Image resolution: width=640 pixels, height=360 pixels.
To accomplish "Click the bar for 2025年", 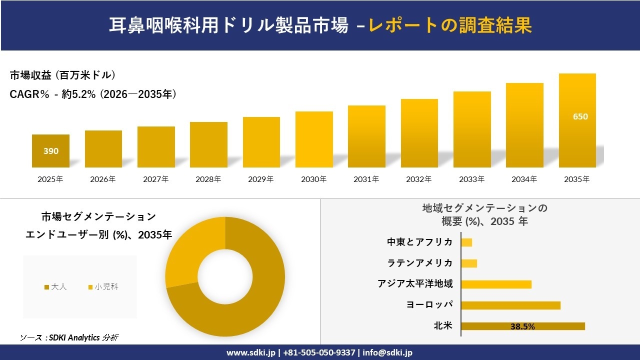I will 50,151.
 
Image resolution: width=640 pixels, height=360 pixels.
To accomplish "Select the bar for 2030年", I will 314,139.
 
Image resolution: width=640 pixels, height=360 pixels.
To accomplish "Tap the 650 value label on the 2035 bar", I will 580,116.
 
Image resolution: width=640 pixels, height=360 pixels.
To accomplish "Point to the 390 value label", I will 50,151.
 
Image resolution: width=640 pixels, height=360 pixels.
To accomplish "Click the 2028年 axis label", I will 208,179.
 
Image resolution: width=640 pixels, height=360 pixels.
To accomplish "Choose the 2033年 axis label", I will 472,179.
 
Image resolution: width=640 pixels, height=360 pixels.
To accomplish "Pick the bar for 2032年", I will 419,133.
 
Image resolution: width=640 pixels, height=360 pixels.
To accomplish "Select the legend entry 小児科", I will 103,287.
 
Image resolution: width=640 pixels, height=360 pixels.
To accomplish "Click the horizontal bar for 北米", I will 522,326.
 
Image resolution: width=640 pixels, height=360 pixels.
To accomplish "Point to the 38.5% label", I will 522,326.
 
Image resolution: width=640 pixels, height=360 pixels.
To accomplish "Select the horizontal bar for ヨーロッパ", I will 510,305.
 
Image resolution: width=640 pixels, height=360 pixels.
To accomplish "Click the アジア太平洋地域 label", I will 415,284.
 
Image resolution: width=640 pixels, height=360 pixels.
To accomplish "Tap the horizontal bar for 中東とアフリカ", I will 466,242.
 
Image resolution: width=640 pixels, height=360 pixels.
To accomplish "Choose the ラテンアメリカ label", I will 419,263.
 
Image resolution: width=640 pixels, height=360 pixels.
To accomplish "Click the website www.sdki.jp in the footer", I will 252,352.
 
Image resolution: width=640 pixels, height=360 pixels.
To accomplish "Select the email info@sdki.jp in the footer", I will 387,352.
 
